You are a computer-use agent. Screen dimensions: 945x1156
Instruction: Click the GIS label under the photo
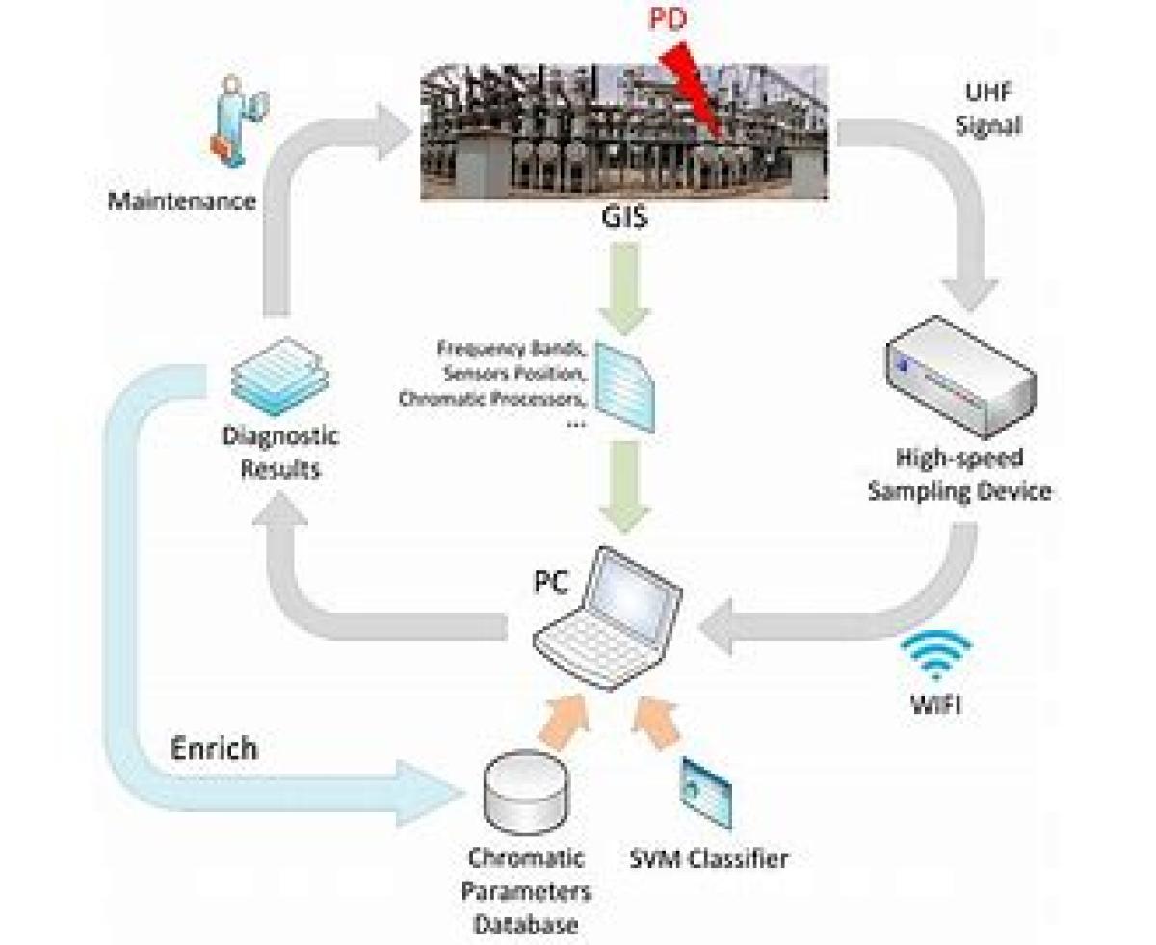624,219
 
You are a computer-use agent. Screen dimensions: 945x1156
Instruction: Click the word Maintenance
182,201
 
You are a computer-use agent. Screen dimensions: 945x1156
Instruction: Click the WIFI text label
936,705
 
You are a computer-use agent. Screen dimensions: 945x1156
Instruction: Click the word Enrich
214,748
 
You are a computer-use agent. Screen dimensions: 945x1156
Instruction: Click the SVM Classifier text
708,856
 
